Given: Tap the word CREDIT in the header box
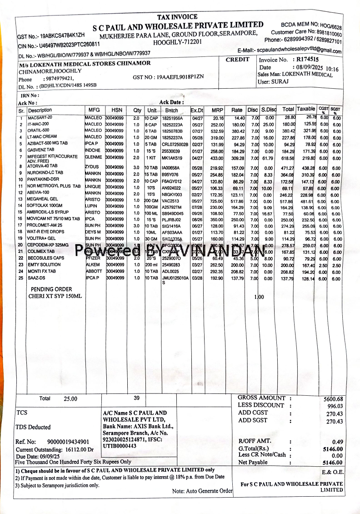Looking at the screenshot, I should pos(238,59).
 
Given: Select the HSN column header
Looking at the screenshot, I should pos(117,110).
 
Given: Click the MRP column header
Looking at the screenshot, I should pos(217,110).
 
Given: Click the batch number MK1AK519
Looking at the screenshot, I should pos(172,158).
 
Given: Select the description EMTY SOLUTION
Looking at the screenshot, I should pos(44,265).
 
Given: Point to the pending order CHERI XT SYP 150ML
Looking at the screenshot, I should pos(56,297).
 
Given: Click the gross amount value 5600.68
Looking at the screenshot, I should pos(333,399).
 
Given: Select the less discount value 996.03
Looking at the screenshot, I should pos(334,406).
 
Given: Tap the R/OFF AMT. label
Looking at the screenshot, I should pos(255,441).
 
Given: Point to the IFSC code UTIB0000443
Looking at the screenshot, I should pos(120,446).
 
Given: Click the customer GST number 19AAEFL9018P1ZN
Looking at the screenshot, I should pos(175,76).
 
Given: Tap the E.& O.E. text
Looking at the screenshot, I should pos(332,472).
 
